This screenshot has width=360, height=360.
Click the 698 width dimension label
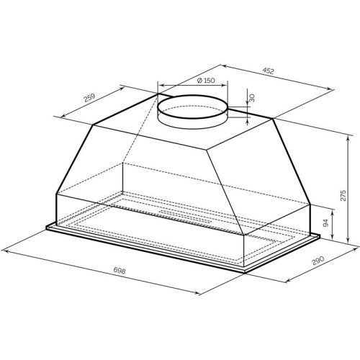(120, 271)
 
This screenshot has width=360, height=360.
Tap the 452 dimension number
(268, 71)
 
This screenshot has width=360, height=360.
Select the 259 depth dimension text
(89, 98)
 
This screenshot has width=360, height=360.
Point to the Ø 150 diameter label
(206, 80)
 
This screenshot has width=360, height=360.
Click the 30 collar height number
(252, 98)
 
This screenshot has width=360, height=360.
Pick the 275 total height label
(343, 196)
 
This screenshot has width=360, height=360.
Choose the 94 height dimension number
(325, 224)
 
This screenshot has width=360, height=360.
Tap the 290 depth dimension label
(318, 261)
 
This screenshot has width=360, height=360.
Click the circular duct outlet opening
(192, 112)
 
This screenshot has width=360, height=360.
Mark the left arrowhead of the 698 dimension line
(4, 251)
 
